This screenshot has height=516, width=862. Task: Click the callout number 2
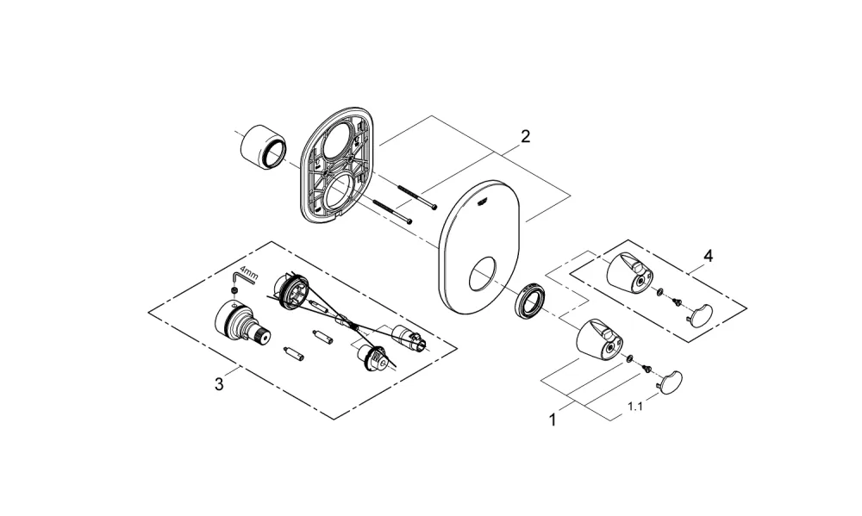pos(525,136)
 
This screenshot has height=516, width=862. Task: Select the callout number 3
pos(219,383)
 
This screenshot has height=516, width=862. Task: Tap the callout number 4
pos(708,256)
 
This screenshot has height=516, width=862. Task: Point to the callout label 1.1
pos(635,407)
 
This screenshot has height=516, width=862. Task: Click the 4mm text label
pos(249,274)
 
